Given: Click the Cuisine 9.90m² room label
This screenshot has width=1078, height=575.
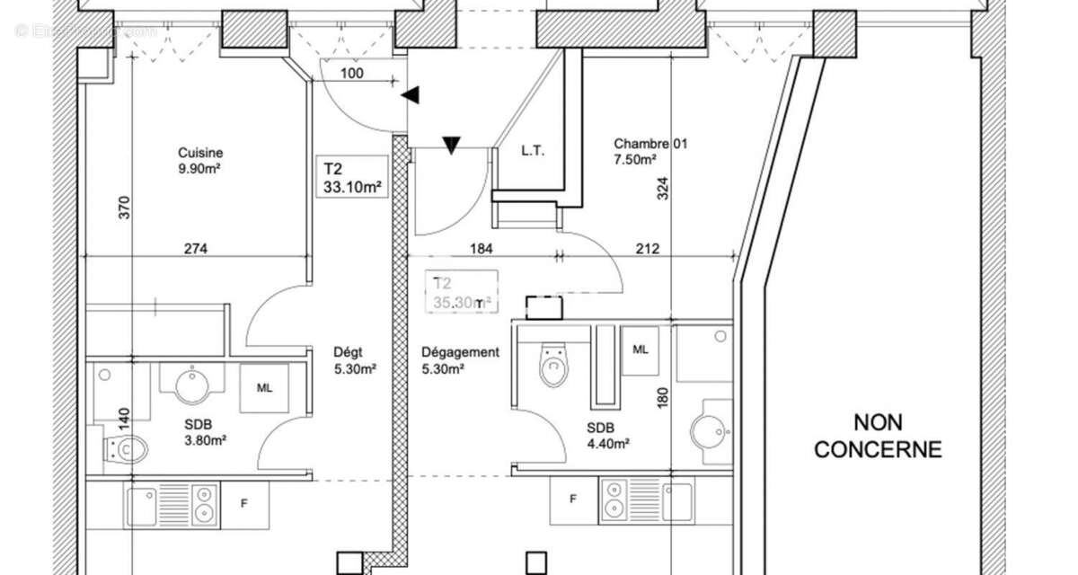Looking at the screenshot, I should pyautogui.click(x=199, y=160).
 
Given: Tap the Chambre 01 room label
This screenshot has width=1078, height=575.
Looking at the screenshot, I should pyautogui.click(x=650, y=151).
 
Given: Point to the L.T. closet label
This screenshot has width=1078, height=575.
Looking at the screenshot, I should pyautogui.click(x=533, y=151).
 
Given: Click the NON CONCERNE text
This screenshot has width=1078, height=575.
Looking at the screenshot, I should pyautogui.click(x=878, y=435).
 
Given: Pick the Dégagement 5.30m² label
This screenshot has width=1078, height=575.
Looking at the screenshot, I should pyautogui.click(x=460, y=360).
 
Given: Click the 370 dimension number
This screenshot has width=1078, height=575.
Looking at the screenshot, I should pyautogui.click(x=124, y=208).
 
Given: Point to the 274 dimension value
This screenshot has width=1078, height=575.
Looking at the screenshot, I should pyautogui.click(x=195, y=249).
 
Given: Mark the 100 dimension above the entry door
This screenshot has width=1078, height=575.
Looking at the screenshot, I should pyautogui.click(x=353, y=74).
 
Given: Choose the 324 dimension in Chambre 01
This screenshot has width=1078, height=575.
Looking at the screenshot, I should pyautogui.click(x=662, y=187).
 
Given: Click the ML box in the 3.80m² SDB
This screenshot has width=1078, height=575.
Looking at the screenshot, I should pyautogui.click(x=264, y=388).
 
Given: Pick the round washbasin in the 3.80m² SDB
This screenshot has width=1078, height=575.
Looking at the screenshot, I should pyautogui.click(x=191, y=387).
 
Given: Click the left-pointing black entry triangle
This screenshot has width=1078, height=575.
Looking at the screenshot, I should pyautogui.click(x=411, y=93).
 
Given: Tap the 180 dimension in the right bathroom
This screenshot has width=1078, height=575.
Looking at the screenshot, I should pyautogui.click(x=662, y=398).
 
